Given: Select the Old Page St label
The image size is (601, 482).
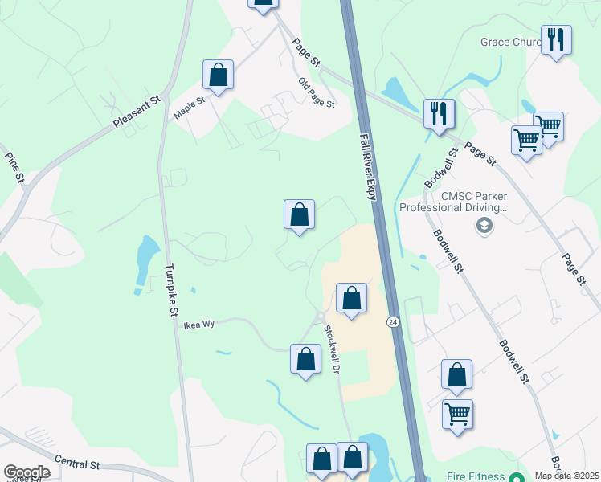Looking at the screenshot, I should click(x=316, y=93).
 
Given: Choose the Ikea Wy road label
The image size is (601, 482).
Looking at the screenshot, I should click(x=199, y=325).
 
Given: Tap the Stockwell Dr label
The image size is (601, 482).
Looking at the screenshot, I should click(x=333, y=348).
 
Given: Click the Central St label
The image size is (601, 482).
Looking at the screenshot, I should click(x=76, y=464).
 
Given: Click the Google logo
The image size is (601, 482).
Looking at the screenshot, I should click(x=27, y=472).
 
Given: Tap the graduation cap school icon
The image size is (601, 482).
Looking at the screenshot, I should click(x=484, y=226).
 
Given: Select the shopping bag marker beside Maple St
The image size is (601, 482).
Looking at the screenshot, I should click(x=218, y=76).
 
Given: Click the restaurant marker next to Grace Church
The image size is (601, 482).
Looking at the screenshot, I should click(x=556, y=39).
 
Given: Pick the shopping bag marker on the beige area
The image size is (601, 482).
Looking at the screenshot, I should click(x=351, y=299).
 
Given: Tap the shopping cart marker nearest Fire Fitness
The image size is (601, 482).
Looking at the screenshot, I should click(x=457, y=415).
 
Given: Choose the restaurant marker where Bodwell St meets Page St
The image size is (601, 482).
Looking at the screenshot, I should click(x=439, y=113).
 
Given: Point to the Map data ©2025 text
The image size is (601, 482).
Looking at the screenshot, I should click(x=567, y=476).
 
